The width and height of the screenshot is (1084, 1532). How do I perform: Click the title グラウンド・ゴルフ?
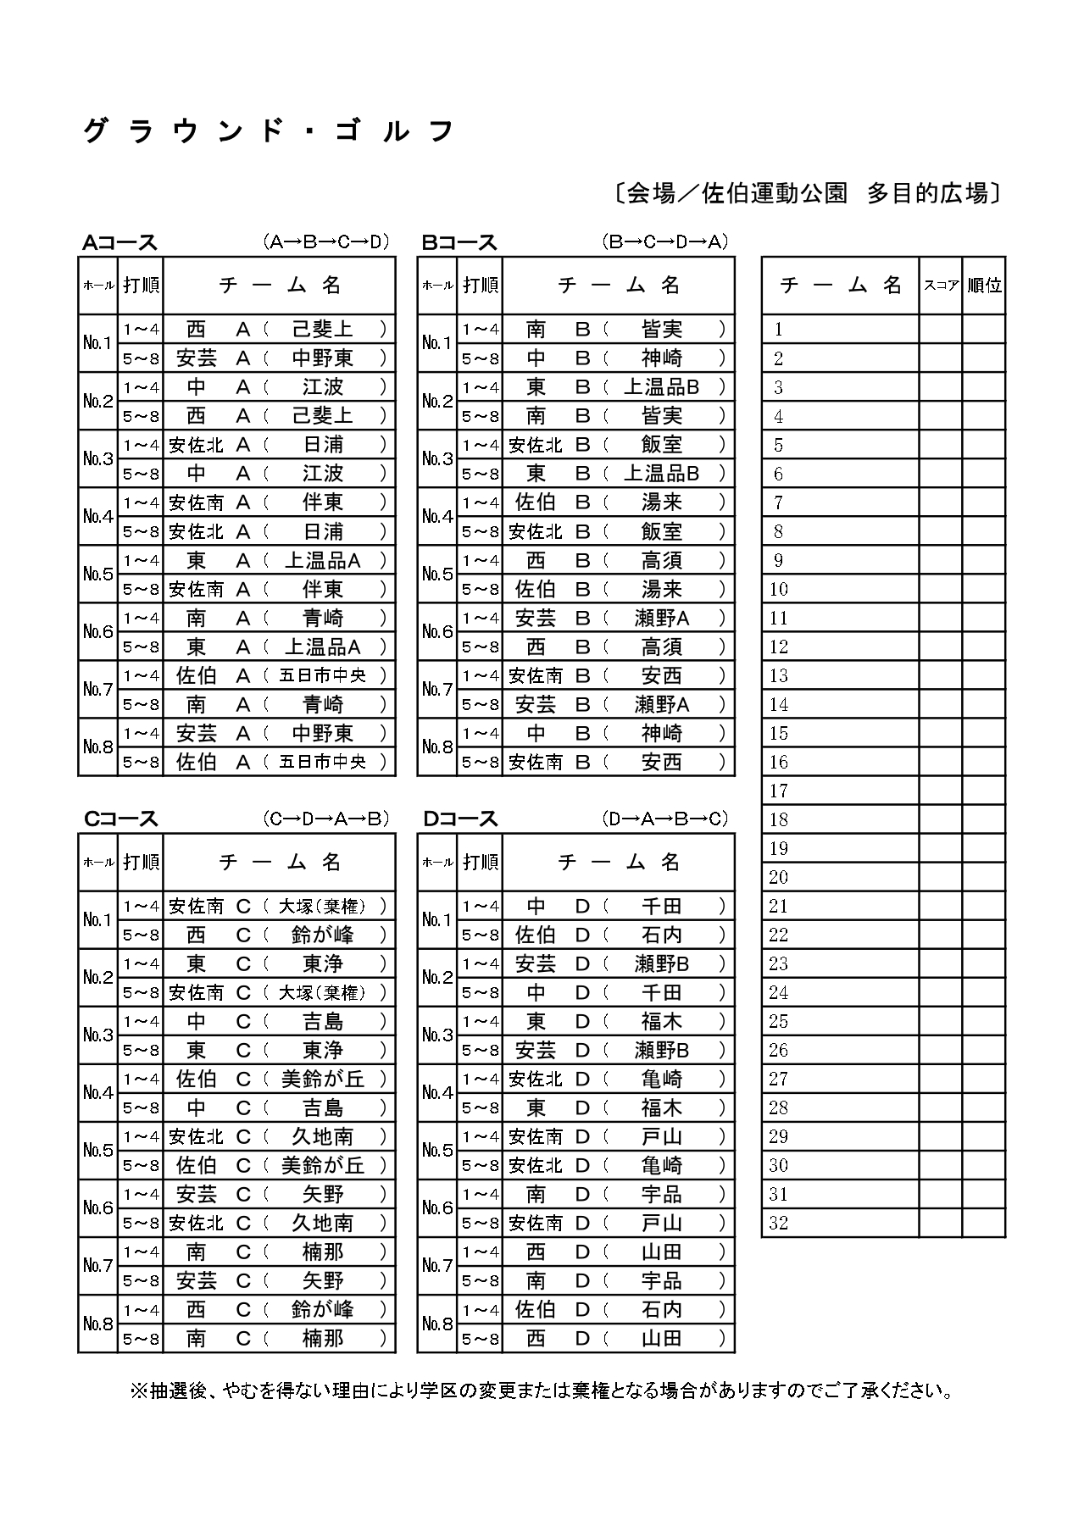click(269, 132)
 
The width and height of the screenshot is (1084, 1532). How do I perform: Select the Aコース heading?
click(120, 243)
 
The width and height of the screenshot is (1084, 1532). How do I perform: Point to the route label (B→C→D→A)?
click(665, 242)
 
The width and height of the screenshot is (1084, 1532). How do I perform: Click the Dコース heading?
click(460, 819)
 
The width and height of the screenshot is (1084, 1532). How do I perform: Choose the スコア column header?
click(941, 286)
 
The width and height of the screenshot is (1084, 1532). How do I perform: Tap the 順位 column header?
click(984, 286)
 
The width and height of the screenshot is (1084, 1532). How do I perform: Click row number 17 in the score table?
click(779, 791)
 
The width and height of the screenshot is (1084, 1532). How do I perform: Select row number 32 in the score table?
click(779, 1223)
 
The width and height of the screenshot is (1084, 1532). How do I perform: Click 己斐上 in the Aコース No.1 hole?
click(323, 330)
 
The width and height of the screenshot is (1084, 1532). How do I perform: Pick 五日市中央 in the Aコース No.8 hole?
click(323, 762)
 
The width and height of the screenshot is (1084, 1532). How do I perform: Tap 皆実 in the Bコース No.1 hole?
click(662, 330)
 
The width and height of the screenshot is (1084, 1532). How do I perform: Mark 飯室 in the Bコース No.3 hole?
click(662, 445)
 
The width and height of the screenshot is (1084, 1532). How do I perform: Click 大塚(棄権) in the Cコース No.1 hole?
click(323, 907)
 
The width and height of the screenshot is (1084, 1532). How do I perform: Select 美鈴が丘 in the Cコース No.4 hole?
click(323, 1080)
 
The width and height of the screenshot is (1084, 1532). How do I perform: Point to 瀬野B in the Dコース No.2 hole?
click(662, 964)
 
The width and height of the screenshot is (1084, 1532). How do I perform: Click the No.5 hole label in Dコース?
click(437, 1151)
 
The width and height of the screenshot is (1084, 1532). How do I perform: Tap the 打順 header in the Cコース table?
click(141, 863)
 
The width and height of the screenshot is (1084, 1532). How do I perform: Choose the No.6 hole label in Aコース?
click(98, 632)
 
